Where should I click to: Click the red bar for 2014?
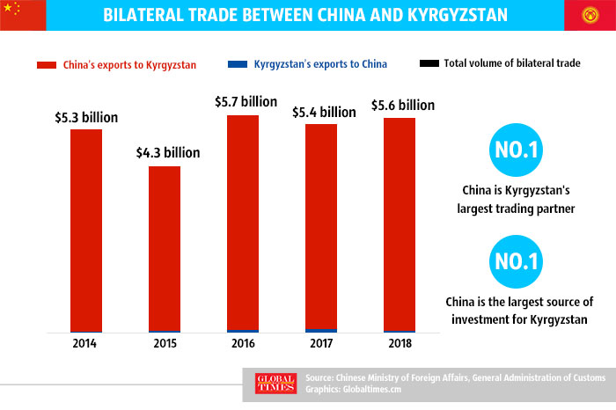(x=86, y=230)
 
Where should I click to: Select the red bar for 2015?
(x=165, y=248)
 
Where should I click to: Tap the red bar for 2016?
(x=243, y=222)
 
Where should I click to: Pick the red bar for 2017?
(x=321, y=226)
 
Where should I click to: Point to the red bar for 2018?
(x=400, y=223)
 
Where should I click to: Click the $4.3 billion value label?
(x=165, y=152)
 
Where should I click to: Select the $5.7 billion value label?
(x=243, y=101)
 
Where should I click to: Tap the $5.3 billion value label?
(x=86, y=116)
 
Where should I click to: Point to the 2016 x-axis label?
(x=243, y=343)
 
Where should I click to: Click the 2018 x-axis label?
(x=400, y=343)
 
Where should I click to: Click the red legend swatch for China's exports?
(x=47, y=64)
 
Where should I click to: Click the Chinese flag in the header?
(x=17, y=15)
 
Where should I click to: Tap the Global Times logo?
(x=272, y=384)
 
